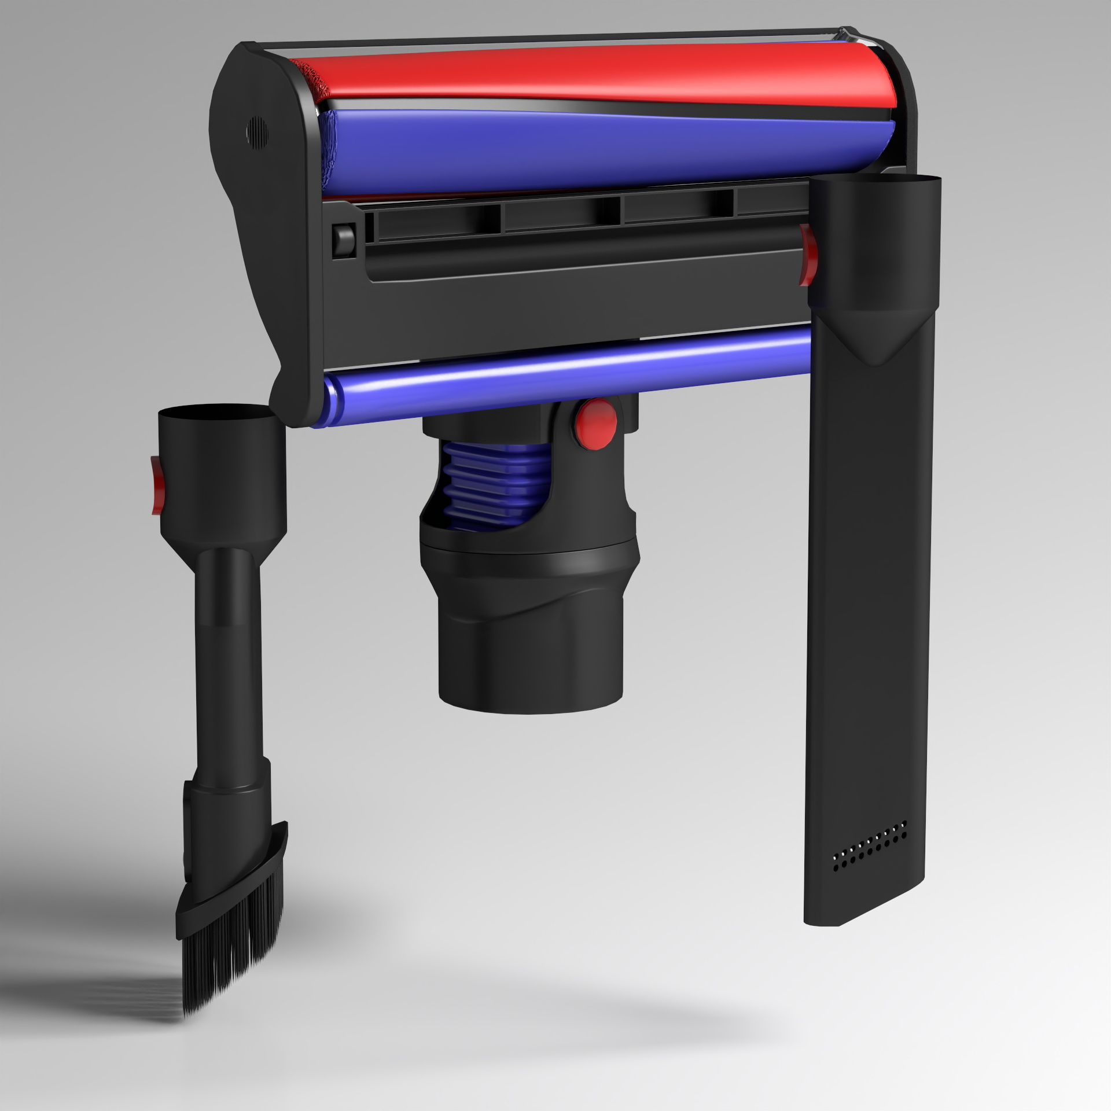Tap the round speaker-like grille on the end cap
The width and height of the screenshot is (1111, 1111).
click(257, 133)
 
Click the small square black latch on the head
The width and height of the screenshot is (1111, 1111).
click(343, 240)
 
